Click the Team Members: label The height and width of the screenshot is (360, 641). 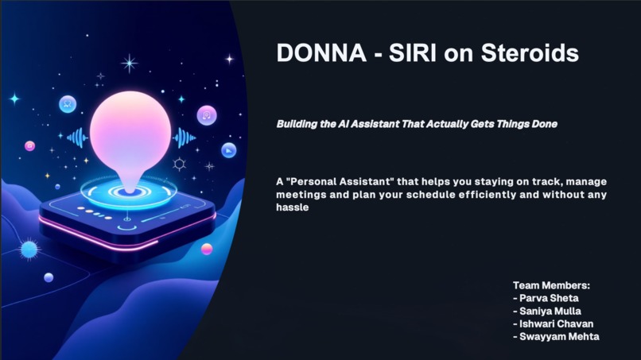pyautogui.click(x=551, y=285)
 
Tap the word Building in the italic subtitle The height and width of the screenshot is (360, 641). pyautogui.click(x=297, y=124)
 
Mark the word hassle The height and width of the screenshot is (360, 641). pyautogui.click(x=292, y=208)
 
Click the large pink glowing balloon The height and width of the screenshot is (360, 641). pyautogui.click(x=130, y=129)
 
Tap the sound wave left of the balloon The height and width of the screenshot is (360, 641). pyautogui.click(x=77, y=137)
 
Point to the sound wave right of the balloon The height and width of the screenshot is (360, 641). pyautogui.click(x=184, y=137)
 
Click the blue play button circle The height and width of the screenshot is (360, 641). pyautogui.click(x=228, y=150)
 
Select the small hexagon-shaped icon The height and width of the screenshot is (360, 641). pyautogui.click(x=180, y=165)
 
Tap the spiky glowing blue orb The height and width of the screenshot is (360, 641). pyautogui.click(x=29, y=250)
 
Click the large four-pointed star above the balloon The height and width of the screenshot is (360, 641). pyautogui.click(x=129, y=64)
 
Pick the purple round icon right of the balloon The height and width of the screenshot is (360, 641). pyautogui.click(x=207, y=115)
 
